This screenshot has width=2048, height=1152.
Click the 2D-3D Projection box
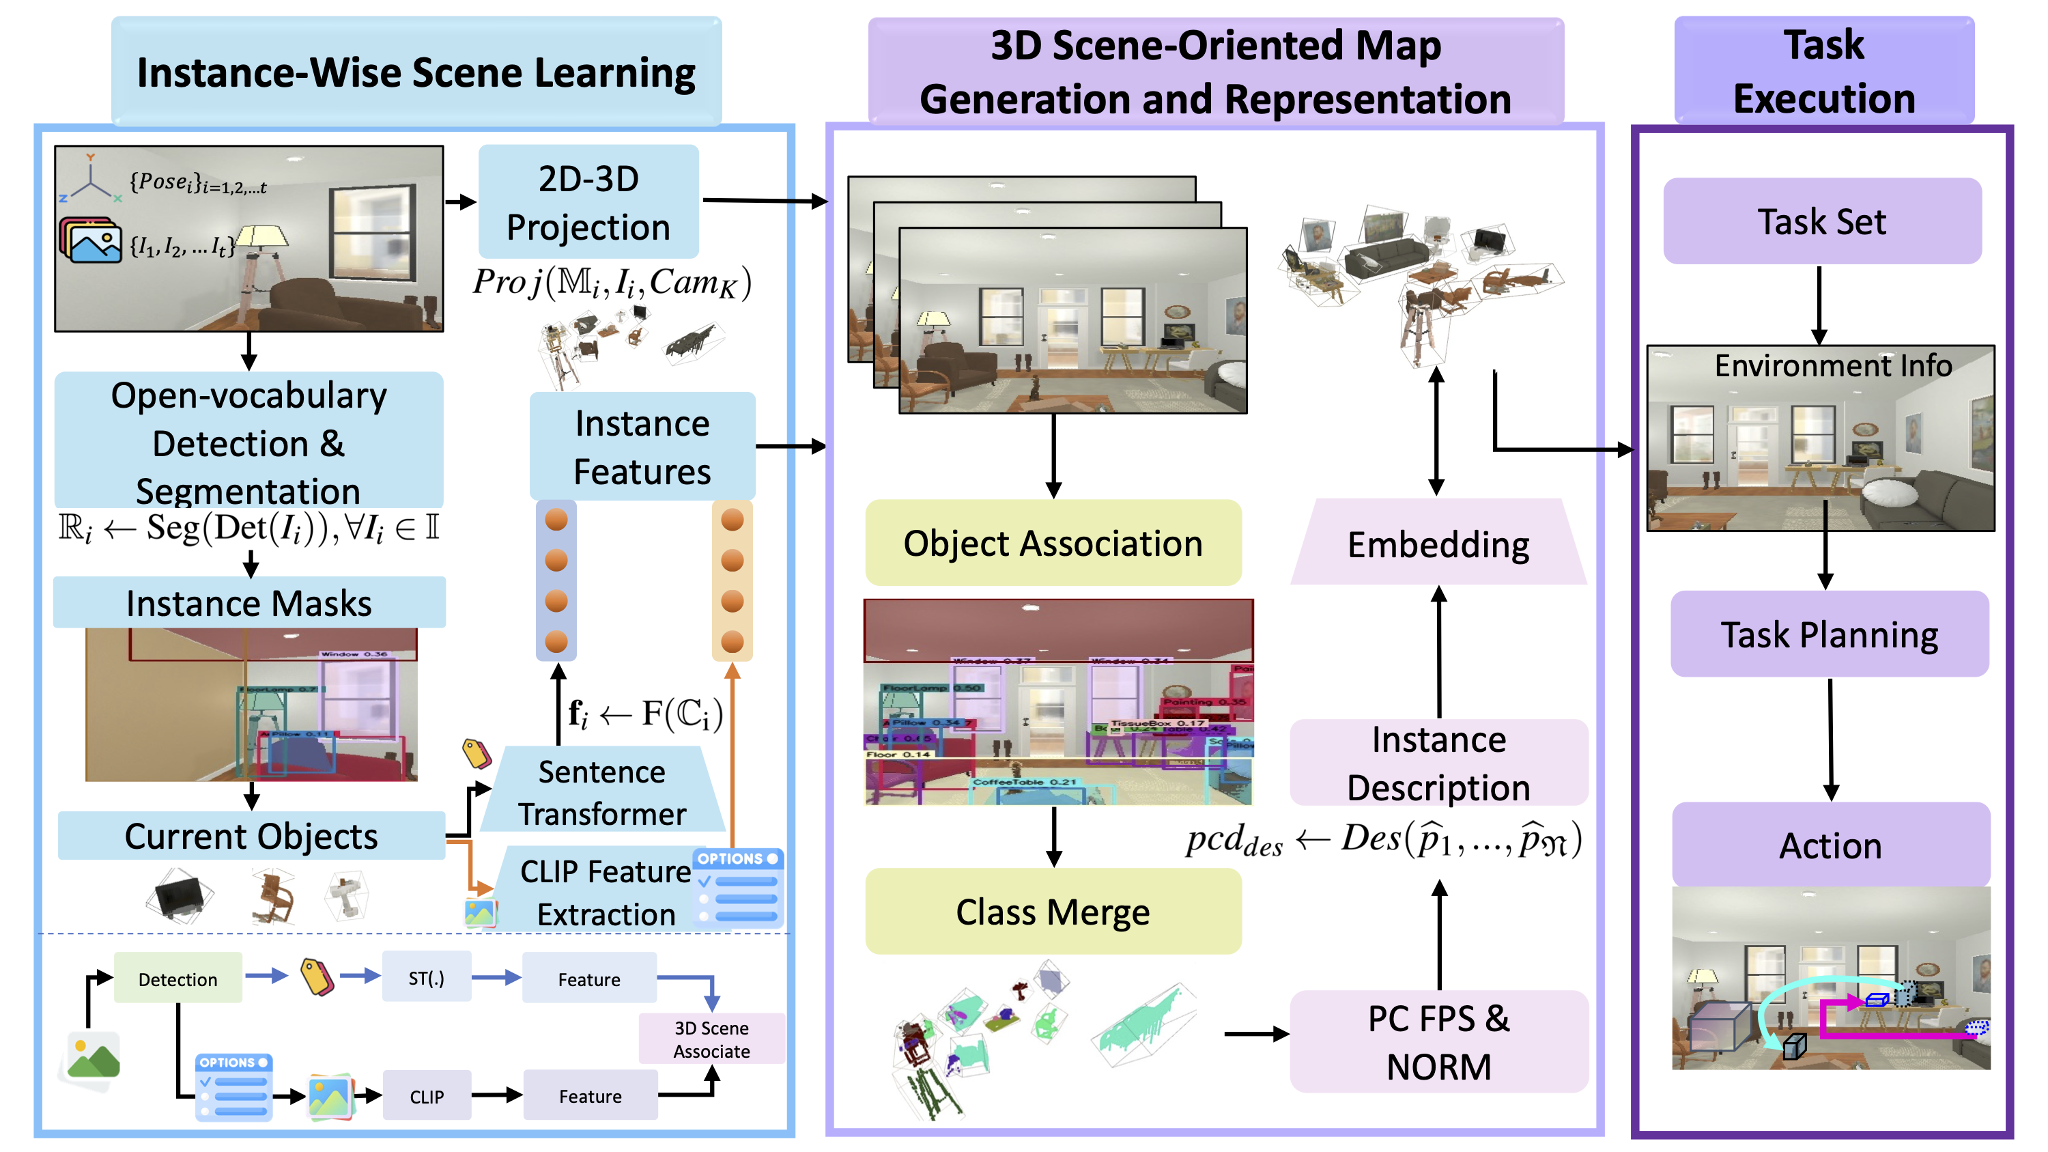tap(588, 202)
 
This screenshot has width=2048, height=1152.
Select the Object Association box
tap(1053, 544)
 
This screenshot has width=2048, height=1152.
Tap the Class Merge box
tap(1053, 912)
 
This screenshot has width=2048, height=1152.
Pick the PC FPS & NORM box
tap(1438, 1041)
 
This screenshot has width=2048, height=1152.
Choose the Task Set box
tap(1821, 222)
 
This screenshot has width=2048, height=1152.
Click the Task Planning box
tap(1830, 634)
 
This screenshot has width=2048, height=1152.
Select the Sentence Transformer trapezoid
tap(602, 792)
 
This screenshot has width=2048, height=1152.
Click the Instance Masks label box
tap(249, 603)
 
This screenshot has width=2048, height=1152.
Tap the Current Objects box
tap(251, 836)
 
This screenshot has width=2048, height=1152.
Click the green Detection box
tap(177, 979)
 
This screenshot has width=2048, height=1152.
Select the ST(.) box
tap(426, 978)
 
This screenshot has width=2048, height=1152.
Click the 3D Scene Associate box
tap(711, 1039)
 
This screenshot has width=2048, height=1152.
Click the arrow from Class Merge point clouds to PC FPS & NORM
tap(1256, 1035)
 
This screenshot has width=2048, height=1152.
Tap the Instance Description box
tap(1438, 763)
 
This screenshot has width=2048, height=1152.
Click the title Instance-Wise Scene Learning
tap(416, 72)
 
